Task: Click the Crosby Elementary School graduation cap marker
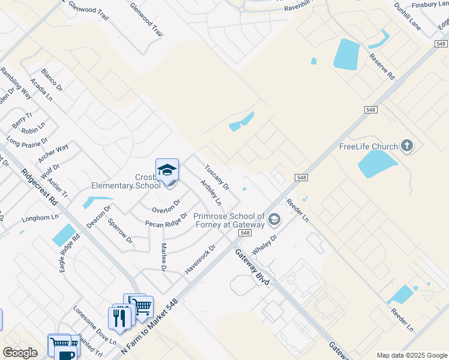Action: [167, 170]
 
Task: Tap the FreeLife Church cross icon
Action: [407, 145]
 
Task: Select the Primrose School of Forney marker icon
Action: [274, 220]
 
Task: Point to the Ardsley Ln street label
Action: [211, 193]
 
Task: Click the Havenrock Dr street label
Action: [200, 259]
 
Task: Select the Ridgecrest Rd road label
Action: [39, 188]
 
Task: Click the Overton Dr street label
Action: [166, 206]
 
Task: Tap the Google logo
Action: [20, 353]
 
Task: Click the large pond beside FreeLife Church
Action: [377, 164]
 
